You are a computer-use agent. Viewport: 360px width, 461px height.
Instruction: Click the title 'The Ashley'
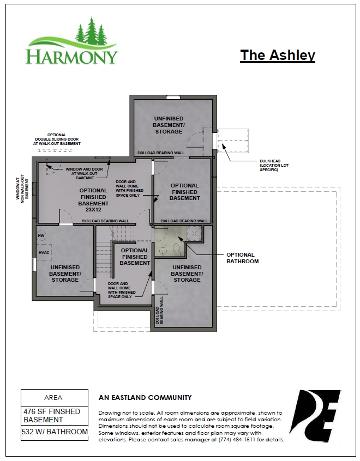click(278, 55)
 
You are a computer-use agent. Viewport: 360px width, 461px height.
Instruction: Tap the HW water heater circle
click(41, 235)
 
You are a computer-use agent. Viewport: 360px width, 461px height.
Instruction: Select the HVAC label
click(44, 252)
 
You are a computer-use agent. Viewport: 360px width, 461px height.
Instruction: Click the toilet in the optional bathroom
click(175, 249)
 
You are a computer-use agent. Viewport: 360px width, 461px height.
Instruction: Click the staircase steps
click(103, 254)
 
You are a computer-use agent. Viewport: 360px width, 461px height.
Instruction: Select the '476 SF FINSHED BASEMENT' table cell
click(54, 415)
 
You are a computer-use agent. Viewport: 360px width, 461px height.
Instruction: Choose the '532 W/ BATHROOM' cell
click(54, 432)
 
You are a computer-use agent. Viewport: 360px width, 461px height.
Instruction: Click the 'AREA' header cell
click(54, 397)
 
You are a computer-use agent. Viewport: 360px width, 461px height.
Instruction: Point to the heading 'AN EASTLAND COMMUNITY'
click(145, 398)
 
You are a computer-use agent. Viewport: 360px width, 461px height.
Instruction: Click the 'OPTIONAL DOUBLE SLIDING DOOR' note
click(57, 140)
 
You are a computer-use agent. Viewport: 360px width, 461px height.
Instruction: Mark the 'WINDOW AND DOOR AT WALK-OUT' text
click(84, 173)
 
